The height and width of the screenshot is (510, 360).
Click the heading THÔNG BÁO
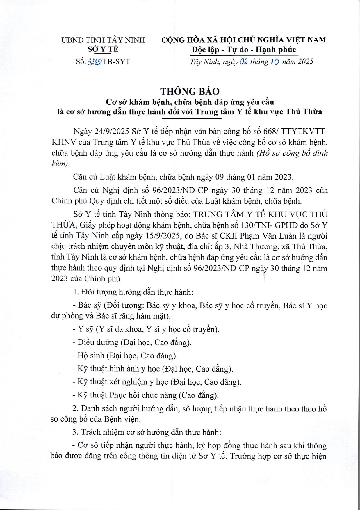(190, 91)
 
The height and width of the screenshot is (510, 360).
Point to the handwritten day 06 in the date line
(244, 61)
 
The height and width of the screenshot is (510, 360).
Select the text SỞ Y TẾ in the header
(103, 49)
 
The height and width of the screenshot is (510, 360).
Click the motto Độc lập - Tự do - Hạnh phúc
(244, 50)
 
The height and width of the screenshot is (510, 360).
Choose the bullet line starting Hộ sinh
(125, 356)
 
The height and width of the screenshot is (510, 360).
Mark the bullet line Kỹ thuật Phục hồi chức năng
(146, 395)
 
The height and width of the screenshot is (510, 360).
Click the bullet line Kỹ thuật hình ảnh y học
(153, 369)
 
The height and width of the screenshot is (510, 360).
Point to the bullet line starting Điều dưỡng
(132, 342)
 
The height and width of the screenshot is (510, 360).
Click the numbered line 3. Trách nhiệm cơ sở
(147, 432)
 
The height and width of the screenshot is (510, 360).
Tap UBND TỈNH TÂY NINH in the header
(103, 40)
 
